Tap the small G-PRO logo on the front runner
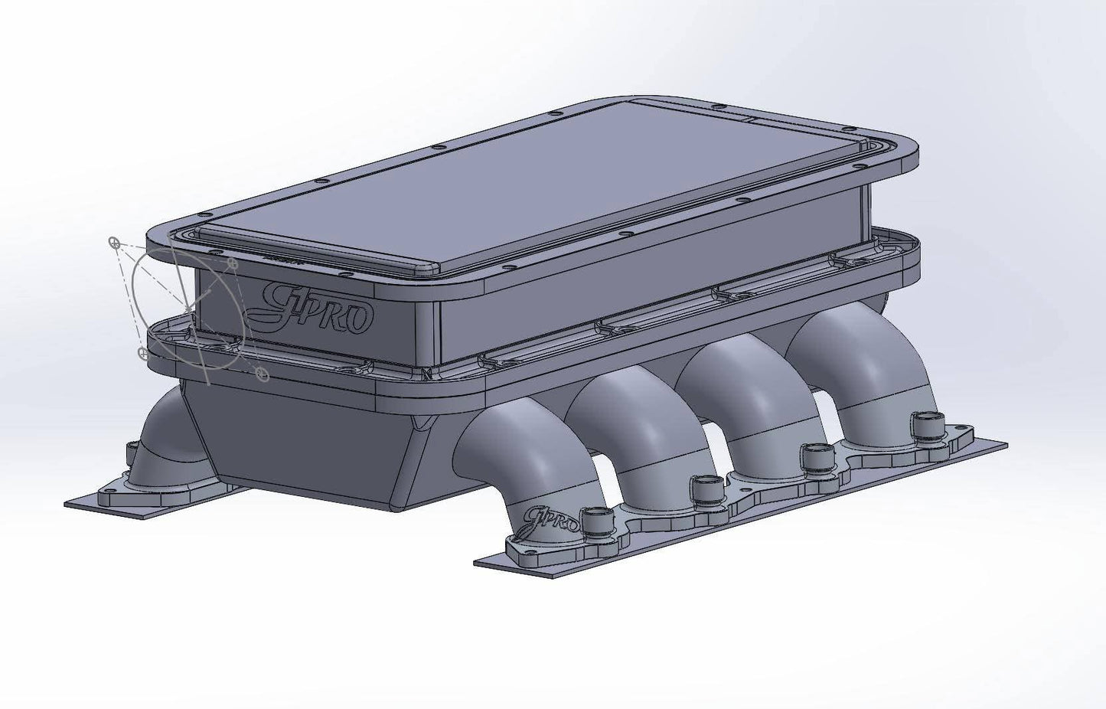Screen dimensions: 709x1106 point(545,521)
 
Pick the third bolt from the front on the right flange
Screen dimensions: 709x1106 point(814,457)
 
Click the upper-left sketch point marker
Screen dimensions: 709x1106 point(114,243)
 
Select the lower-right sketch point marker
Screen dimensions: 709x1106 point(263,374)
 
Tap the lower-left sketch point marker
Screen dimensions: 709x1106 point(142,352)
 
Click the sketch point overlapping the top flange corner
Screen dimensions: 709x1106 point(233,263)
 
